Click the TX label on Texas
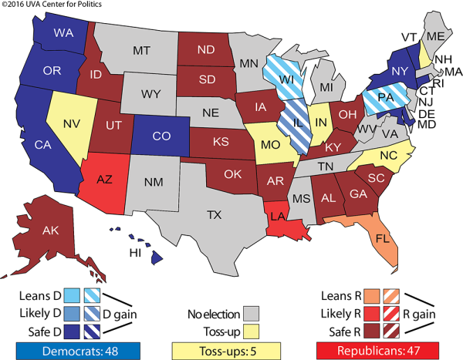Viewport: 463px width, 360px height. [x=213, y=217]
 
